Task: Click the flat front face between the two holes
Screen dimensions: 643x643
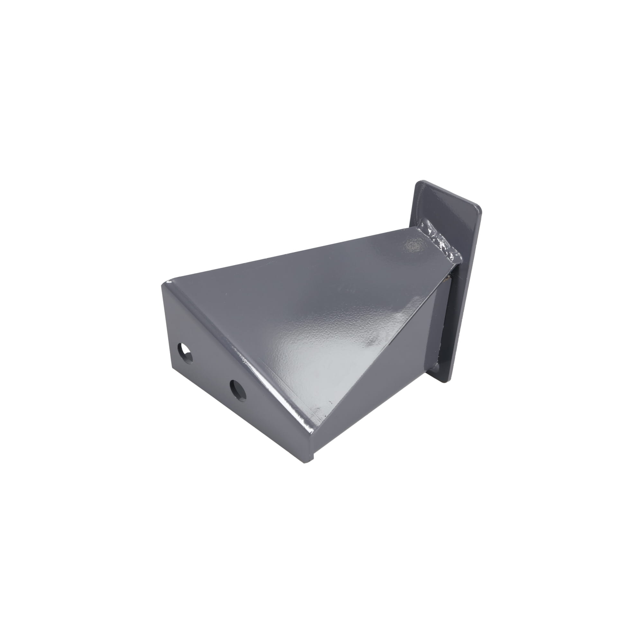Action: pos(210,369)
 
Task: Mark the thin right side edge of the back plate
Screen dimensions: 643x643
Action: pos(466,300)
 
